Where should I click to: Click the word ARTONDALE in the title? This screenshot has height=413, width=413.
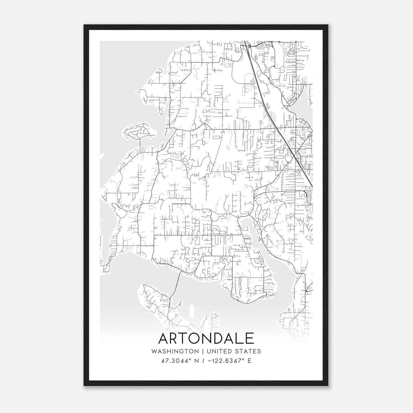206,338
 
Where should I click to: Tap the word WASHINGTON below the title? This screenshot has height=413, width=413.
175,351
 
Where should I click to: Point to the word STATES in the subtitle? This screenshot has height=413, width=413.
249,351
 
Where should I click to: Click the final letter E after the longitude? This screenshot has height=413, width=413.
249,361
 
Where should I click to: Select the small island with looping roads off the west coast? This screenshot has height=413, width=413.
138,132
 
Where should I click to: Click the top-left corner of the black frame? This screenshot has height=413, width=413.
84,25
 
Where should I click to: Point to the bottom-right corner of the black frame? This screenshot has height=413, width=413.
328,385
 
